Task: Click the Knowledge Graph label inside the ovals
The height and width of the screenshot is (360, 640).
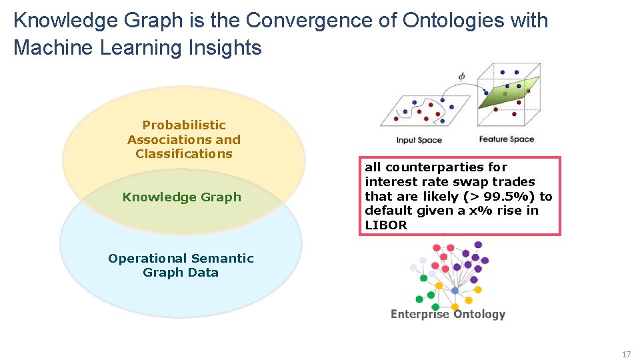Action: coord(182,197)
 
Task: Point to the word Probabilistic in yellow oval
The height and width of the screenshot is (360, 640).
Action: coord(184,125)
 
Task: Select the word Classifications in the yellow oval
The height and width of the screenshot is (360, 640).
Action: coord(184,154)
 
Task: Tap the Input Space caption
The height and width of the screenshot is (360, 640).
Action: coord(419,140)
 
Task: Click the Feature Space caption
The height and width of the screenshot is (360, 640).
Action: coord(506,139)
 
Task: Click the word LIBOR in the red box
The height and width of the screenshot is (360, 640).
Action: coord(385,225)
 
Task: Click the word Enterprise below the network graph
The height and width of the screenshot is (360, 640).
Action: coord(419,315)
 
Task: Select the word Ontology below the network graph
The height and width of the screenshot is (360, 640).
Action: coord(479,315)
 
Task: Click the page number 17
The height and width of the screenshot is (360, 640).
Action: coord(625,354)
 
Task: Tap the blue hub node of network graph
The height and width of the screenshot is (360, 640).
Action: coord(455,291)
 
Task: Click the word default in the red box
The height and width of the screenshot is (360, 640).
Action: coord(386,211)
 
